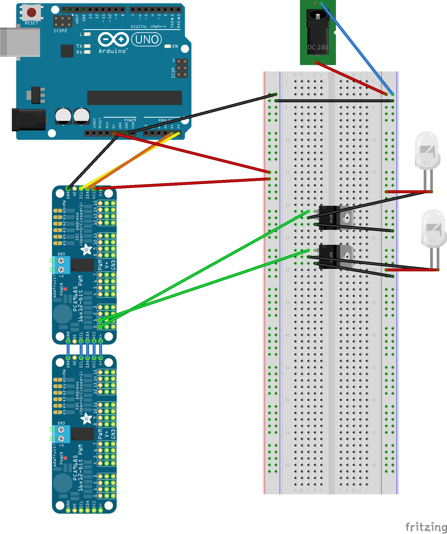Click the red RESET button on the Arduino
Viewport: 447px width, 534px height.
(32, 12)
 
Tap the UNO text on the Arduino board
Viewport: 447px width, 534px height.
(147, 40)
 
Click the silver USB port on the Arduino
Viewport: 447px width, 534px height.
(20, 42)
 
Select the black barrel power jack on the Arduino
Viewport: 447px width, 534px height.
(29, 120)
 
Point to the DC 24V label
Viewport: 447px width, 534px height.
(317, 47)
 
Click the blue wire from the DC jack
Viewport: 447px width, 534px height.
(357, 48)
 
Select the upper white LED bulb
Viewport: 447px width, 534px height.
(427, 150)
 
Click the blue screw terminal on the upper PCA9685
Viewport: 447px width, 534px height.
(61, 265)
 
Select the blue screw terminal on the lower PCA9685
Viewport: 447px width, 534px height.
(61, 434)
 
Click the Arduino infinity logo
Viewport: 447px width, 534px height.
(113, 39)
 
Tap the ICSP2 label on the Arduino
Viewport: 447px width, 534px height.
(60, 31)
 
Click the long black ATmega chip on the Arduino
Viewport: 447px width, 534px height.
(135, 98)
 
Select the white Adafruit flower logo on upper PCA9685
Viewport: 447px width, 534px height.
(86, 249)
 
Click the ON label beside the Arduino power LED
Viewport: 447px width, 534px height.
(175, 46)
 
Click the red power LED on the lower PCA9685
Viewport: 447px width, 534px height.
(65, 458)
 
